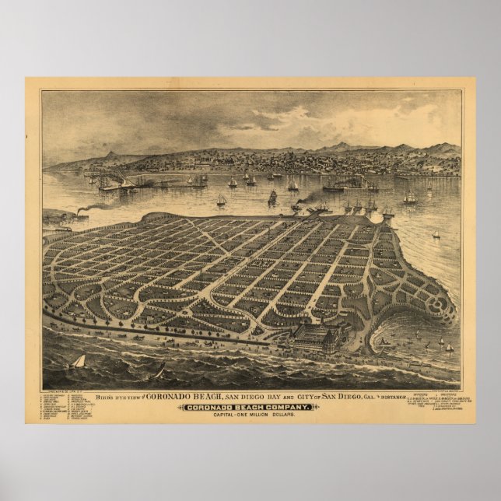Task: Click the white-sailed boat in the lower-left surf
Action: [77, 362]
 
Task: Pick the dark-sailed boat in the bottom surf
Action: [158, 370]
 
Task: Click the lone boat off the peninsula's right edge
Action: [436, 234]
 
